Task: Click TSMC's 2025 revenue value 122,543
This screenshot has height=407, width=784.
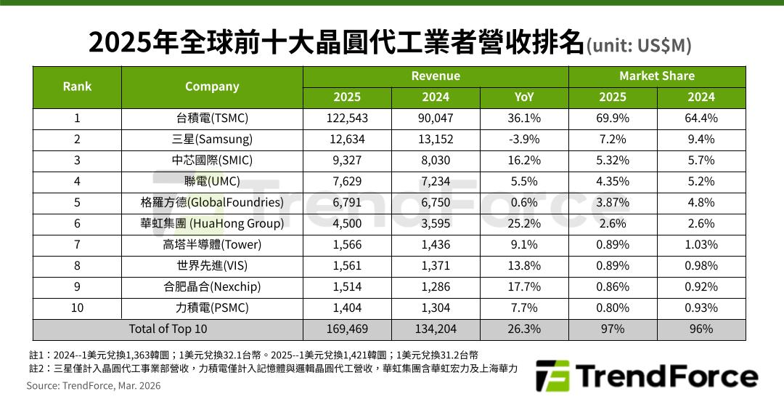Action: tap(347, 118)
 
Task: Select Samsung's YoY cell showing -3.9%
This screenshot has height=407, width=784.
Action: tap(524, 140)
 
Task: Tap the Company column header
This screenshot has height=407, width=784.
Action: tap(212, 86)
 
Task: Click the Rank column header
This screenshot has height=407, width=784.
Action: tap(77, 86)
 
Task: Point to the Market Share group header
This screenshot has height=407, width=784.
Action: tap(657, 76)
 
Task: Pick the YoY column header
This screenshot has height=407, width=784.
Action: tap(524, 97)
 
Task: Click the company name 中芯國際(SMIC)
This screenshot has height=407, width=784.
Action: tap(212, 161)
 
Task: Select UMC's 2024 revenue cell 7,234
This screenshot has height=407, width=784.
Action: tap(436, 182)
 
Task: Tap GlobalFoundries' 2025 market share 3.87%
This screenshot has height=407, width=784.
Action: tap(613, 203)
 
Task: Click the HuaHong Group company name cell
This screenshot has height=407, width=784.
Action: tap(212, 224)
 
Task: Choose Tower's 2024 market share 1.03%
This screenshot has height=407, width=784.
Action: tap(701, 245)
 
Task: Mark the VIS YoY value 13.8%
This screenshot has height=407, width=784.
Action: tap(524, 266)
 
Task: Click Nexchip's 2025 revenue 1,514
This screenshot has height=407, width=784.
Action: tap(347, 287)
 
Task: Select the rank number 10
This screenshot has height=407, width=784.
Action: tap(77, 308)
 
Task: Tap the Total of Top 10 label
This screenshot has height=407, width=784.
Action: tap(168, 329)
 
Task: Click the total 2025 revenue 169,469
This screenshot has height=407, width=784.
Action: tap(347, 329)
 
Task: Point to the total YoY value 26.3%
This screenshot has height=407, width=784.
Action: tap(524, 329)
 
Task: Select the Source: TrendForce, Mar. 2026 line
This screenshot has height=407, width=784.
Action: tap(94, 386)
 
